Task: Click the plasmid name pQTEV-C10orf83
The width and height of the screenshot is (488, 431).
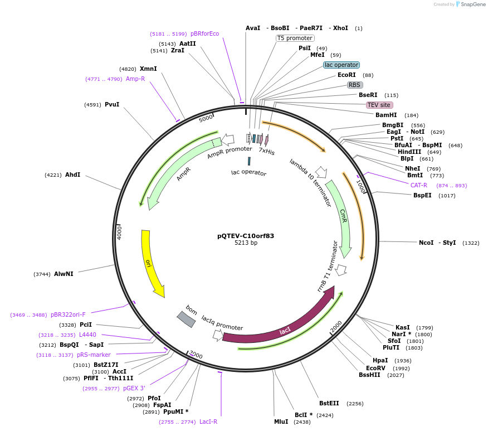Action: pyautogui.click(x=246, y=236)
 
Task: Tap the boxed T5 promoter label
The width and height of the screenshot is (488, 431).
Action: pyautogui.click(x=295, y=38)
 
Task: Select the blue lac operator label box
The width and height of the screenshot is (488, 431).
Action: pyautogui.click(x=341, y=65)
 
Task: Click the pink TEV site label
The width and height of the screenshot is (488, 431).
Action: pyautogui.click(x=379, y=105)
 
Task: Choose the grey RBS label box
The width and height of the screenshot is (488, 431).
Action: pyautogui.click(x=355, y=85)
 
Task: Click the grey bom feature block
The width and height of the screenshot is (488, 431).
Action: pyautogui.click(x=187, y=319)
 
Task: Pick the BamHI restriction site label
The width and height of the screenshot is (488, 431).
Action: pyautogui.click(x=386, y=115)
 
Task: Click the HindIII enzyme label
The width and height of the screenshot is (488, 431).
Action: pyautogui.click(x=409, y=152)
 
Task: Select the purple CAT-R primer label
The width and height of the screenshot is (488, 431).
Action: pyautogui.click(x=419, y=185)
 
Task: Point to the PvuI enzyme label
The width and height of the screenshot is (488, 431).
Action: pyautogui.click(x=112, y=104)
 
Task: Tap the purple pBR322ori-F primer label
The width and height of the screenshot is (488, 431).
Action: pyautogui.click(x=68, y=314)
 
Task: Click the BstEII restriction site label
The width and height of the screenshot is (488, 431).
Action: pyautogui.click(x=329, y=403)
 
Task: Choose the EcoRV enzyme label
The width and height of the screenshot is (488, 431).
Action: pyautogui.click(x=375, y=368)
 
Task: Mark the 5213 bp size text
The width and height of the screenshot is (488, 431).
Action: pyautogui.click(x=246, y=243)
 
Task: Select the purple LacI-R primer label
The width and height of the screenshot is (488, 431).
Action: pyautogui.click(x=208, y=422)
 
